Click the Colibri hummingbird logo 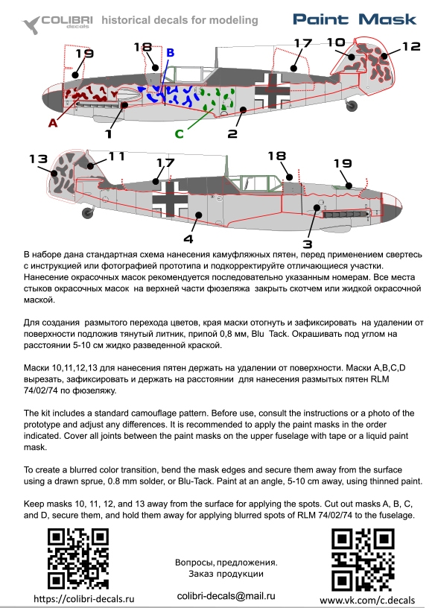31,25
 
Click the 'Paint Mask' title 355,19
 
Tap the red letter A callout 53,123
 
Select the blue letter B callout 170,53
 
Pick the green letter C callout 179,134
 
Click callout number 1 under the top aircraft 109,134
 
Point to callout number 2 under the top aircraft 232,134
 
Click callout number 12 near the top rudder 411,46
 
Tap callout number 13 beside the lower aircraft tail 39,159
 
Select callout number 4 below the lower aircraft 188,239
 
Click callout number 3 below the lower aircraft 308,244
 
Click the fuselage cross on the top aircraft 272,92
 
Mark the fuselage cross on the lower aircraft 170,200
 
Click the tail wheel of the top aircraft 352,105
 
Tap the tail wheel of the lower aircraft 88,213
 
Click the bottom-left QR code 78,559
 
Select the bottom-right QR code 363,560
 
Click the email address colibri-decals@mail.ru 226,596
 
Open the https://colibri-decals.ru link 83,598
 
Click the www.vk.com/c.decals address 367,601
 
